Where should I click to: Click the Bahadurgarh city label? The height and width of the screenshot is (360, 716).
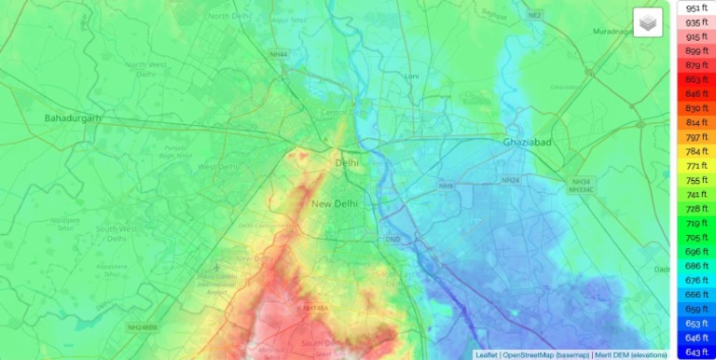[73, 118]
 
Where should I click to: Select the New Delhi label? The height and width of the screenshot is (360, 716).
[334, 203]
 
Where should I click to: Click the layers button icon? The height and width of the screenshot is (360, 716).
[647, 22]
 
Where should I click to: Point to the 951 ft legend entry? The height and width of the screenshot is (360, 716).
[695, 7]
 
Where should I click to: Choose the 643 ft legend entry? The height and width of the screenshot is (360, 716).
[695, 352]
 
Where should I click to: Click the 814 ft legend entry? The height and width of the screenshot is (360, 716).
[695, 122]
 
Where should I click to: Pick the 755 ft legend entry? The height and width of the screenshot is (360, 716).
[695, 180]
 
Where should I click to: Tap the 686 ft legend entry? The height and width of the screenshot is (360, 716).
[695, 266]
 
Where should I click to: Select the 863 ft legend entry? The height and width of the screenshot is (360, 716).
[695, 79]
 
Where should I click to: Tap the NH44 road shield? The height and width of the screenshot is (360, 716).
[278, 55]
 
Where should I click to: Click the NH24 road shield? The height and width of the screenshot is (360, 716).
[510, 180]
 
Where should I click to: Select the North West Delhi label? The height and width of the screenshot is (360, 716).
[145, 71]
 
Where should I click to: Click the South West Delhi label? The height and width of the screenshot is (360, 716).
[116, 233]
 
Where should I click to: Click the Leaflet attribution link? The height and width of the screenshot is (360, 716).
[486, 354]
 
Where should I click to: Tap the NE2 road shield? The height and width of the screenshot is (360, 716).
[560, 16]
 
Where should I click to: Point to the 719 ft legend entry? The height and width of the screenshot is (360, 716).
[695, 223]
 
